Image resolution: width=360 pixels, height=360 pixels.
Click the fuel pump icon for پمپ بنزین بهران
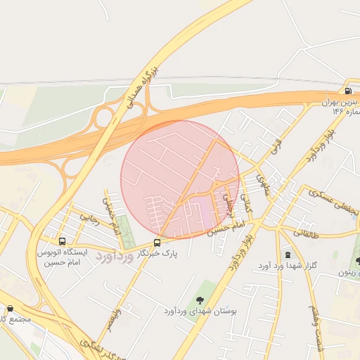(x=347, y=91)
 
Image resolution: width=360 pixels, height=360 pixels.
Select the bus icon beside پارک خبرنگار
(x=157, y=243)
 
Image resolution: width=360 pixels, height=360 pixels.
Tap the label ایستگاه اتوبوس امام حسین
(x=61, y=256)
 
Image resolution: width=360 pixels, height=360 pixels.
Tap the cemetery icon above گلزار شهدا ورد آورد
(x=287, y=255)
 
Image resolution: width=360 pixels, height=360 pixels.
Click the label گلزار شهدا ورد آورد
(x=286, y=265)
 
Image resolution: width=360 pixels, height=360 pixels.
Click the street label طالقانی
(x=303, y=232)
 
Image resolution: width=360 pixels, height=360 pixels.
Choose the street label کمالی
(x=245, y=201)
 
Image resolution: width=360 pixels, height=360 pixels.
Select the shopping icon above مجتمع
(x=10, y=308)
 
